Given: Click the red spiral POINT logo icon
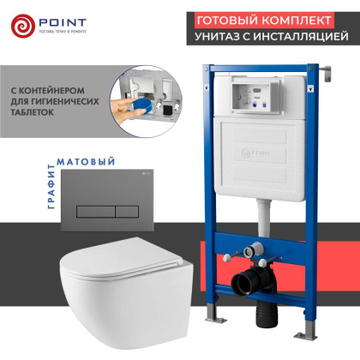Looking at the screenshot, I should pos(25,27).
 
